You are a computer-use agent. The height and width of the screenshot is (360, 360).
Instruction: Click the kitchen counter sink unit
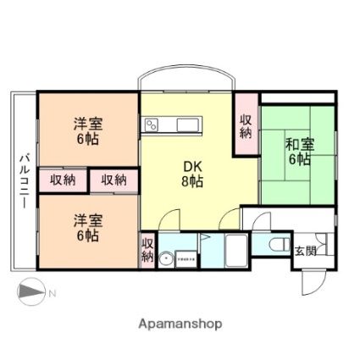click(x=174, y=126)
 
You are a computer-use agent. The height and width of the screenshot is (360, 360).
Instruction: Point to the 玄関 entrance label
click(x=303, y=251)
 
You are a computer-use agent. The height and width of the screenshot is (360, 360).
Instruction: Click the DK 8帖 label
click(x=191, y=174)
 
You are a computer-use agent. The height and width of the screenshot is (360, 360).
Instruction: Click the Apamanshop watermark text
click(x=180, y=323)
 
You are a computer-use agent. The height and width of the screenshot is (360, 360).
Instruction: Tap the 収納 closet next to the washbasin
click(x=147, y=251)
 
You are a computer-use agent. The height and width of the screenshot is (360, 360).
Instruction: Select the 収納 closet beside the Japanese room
click(x=246, y=127)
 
